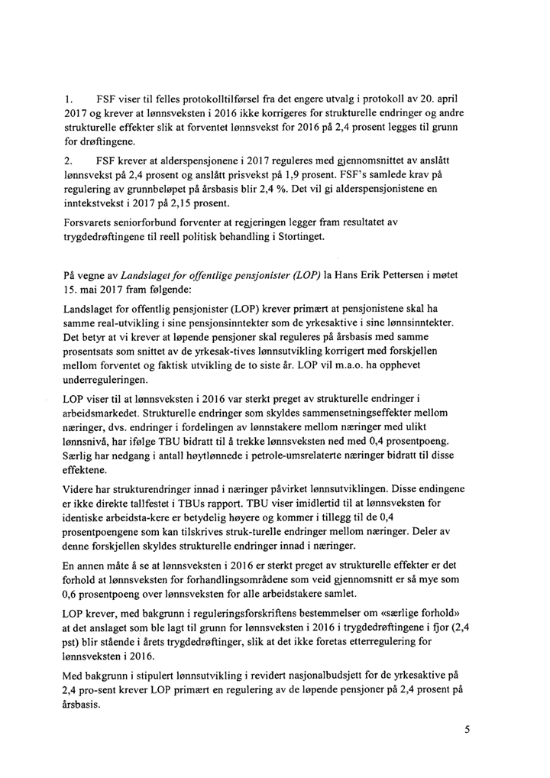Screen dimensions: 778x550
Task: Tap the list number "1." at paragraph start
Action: pyautogui.click(x=69, y=99)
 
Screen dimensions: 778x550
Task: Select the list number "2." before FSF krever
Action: pyautogui.click(x=69, y=161)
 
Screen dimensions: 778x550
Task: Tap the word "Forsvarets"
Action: pyautogui.click(x=89, y=222)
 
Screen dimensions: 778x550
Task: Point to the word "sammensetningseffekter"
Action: pyautogui.click(x=351, y=413)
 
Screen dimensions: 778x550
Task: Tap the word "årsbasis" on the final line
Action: pyautogui.click(x=86, y=705)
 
